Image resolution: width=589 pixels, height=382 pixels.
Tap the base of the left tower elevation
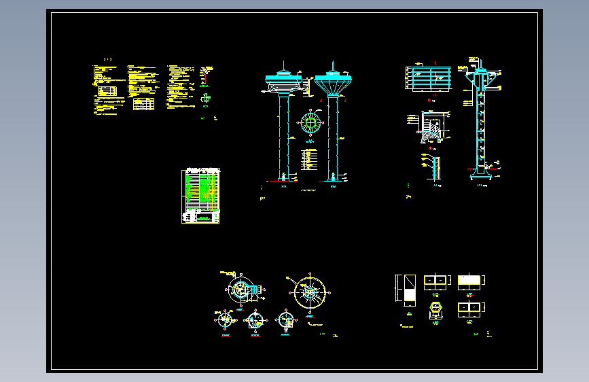(284, 178)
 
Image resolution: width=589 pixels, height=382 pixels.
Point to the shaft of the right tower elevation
(333, 136)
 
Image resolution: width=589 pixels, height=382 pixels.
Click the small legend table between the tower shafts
(310, 159)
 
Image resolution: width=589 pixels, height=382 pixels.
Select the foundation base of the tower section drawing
(482, 177)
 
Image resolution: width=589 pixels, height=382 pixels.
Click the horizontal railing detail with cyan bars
(429, 77)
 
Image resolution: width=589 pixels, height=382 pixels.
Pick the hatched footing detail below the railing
(430, 129)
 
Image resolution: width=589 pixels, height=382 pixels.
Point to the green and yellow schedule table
(201, 195)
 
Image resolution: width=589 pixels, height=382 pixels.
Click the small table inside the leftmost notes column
(107, 90)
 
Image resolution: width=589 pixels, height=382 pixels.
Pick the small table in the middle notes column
(143, 104)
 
